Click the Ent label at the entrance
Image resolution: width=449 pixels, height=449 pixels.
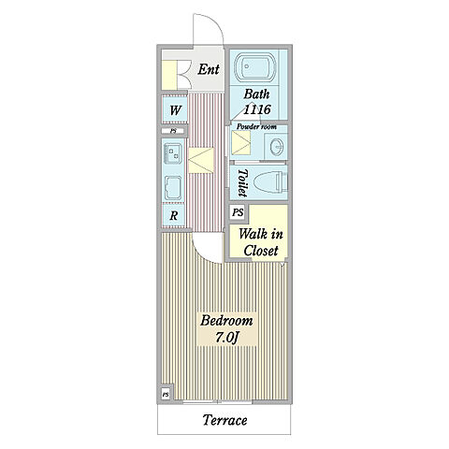pyautogui.click(x=209, y=69)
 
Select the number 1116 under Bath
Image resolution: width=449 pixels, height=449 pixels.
pyautogui.click(x=257, y=109)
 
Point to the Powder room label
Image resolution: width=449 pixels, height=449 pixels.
pyautogui.click(x=256, y=126)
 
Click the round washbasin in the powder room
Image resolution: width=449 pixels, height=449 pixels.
pyautogui.click(x=277, y=146)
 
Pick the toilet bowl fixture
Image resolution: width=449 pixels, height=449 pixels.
pyautogui.click(x=270, y=182)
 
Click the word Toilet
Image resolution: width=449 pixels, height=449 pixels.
pyautogui.click(x=242, y=183)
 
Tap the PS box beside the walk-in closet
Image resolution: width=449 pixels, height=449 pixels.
pyautogui.click(x=238, y=212)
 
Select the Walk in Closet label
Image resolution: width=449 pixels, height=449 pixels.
pyautogui.click(x=261, y=242)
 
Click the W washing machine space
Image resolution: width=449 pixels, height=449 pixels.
pyautogui.click(x=175, y=109)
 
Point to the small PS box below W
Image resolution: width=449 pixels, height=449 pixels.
pyautogui.click(x=173, y=131)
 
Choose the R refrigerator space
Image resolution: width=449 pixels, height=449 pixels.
pyautogui.click(x=174, y=215)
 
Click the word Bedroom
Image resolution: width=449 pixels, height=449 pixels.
pyautogui.click(x=226, y=321)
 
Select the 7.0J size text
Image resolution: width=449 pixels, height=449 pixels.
pyautogui.click(x=227, y=337)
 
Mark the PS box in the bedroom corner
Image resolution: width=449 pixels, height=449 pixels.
pyautogui.click(x=166, y=394)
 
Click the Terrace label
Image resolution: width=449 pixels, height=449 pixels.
pyautogui.click(x=224, y=420)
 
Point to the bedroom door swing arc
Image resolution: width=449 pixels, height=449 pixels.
pyautogui.click(x=203, y=254)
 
